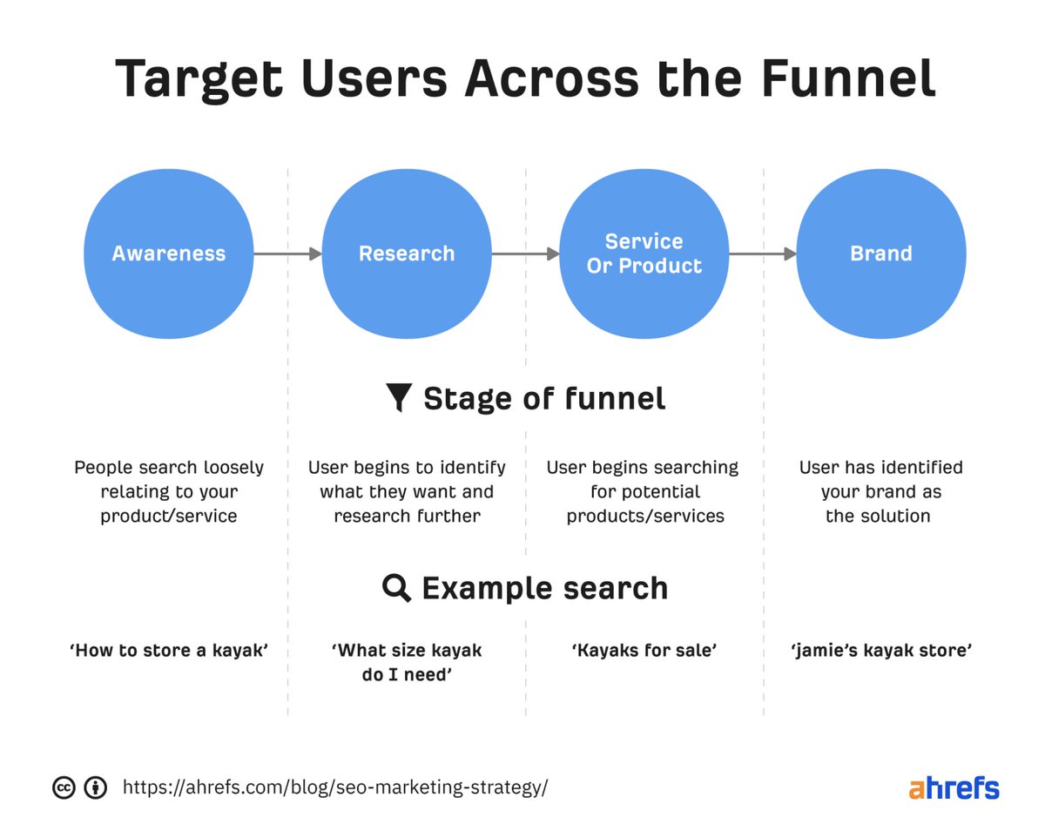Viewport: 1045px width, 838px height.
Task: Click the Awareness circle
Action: [x=168, y=253]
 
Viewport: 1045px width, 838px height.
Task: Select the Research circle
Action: [x=407, y=253]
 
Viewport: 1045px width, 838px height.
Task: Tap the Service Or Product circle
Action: [x=644, y=253]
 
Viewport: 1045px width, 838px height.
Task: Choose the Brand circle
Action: [x=881, y=253]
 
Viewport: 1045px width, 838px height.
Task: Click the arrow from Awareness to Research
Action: [x=287, y=253]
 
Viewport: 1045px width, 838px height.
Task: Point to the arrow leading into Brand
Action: [x=763, y=253]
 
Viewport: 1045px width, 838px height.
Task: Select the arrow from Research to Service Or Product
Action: [x=525, y=253]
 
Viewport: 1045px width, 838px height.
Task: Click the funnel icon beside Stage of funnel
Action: [x=398, y=398]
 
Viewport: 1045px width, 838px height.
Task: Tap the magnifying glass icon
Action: [x=397, y=588]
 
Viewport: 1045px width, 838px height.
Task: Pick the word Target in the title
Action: [x=199, y=78]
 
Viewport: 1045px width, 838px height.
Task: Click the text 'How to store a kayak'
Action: [x=168, y=650]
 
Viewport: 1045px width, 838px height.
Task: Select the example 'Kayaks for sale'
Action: [x=644, y=650]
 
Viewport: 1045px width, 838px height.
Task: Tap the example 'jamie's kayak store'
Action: [x=881, y=650]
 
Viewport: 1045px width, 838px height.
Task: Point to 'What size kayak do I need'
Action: [x=407, y=661]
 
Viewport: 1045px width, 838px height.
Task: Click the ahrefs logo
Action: [x=954, y=787]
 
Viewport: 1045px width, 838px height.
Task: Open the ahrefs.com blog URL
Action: [x=335, y=787]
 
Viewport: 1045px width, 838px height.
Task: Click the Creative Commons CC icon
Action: [x=64, y=787]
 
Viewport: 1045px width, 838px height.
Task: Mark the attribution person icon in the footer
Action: [x=95, y=787]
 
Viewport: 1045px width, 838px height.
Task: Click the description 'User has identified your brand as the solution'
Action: [x=881, y=491]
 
